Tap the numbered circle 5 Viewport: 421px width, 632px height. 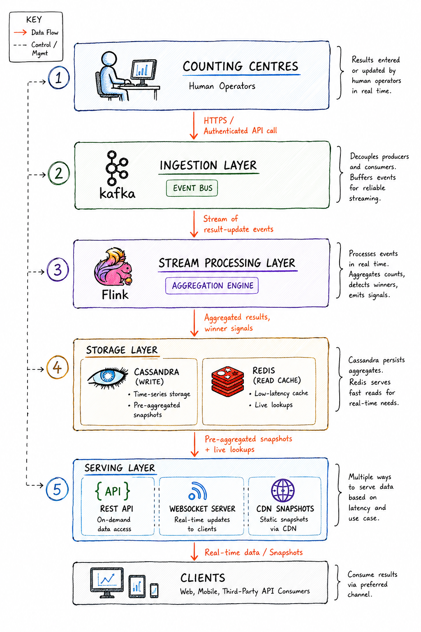coord(57,490)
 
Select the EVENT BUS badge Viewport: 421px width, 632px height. coord(192,188)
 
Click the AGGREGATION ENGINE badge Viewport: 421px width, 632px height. coord(212,286)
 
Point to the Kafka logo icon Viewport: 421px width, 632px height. coord(117,167)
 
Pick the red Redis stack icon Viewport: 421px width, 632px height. coord(227,381)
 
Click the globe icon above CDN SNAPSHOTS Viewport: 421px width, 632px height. coord(283,490)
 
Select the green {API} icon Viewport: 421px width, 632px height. coord(113,491)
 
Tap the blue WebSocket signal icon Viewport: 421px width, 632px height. coord(198,491)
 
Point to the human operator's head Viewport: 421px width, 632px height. coord(109,59)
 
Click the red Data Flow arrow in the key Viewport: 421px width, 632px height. coord(20,33)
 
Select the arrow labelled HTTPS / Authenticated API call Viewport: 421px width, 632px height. coord(194,125)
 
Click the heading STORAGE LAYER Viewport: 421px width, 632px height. coord(122,350)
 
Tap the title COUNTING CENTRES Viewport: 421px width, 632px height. coord(241,67)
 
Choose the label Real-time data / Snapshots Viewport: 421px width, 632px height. coord(254,552)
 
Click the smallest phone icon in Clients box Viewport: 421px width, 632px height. coord(154,590)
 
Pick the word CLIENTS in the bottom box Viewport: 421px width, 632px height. coord(203,578)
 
